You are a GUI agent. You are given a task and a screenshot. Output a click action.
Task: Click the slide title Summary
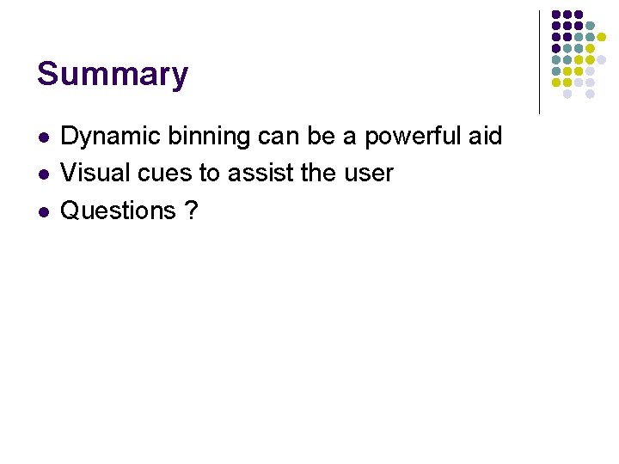point(112,75)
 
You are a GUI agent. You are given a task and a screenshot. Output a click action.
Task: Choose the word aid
point(486,137)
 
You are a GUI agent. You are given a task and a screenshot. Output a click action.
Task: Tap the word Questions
point(118,211)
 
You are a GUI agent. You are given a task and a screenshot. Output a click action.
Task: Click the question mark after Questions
point(191,211)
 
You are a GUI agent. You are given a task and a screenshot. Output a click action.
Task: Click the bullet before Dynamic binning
point(43,137)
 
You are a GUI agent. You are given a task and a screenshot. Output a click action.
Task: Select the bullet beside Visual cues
point(43,174)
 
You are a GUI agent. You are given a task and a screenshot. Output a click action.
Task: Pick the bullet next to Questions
point(43,211)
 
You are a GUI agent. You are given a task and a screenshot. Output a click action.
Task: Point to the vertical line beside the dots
point(539,62)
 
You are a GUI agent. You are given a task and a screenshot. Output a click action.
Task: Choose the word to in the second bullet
point(210,173)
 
